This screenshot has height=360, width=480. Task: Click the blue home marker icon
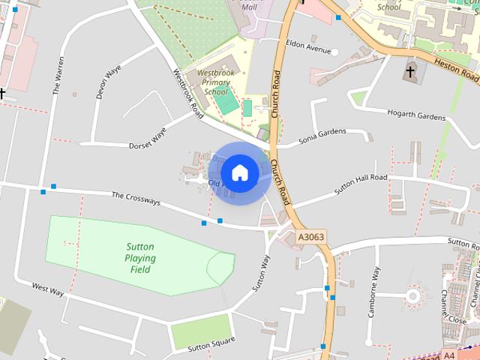point(240,172)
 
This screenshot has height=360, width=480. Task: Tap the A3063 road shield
point(311,237)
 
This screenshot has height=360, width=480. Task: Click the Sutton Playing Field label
point(140,258)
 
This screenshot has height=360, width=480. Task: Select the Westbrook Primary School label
point(216,82)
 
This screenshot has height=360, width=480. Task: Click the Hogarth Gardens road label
point(416,115)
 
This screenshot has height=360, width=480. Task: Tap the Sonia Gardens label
point(322,136)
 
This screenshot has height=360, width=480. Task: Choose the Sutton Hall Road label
point(361,184)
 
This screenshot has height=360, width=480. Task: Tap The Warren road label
point(58,75)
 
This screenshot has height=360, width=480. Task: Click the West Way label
point(48,289)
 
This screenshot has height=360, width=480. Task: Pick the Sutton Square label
point(211,344)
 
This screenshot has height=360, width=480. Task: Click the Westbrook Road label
point(188,94)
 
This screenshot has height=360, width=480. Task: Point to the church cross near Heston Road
point(410,72)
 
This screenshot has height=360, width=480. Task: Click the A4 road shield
point(448,355)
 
